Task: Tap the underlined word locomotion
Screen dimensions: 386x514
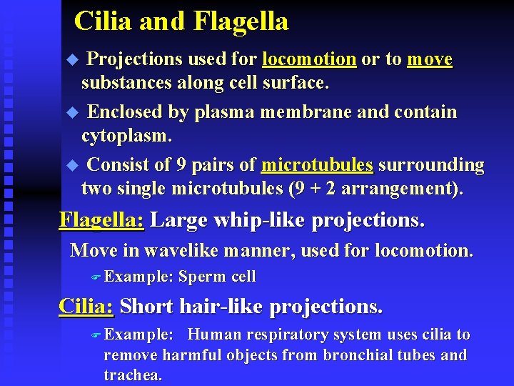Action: pos(309,59)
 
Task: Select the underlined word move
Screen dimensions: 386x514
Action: pos(430,59)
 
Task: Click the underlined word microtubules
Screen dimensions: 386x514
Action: pos(317,166)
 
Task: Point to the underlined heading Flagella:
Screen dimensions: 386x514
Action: pos(101,220)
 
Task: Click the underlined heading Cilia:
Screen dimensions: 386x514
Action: pos(86,307)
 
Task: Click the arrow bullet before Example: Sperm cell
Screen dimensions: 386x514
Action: pos(98,277)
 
